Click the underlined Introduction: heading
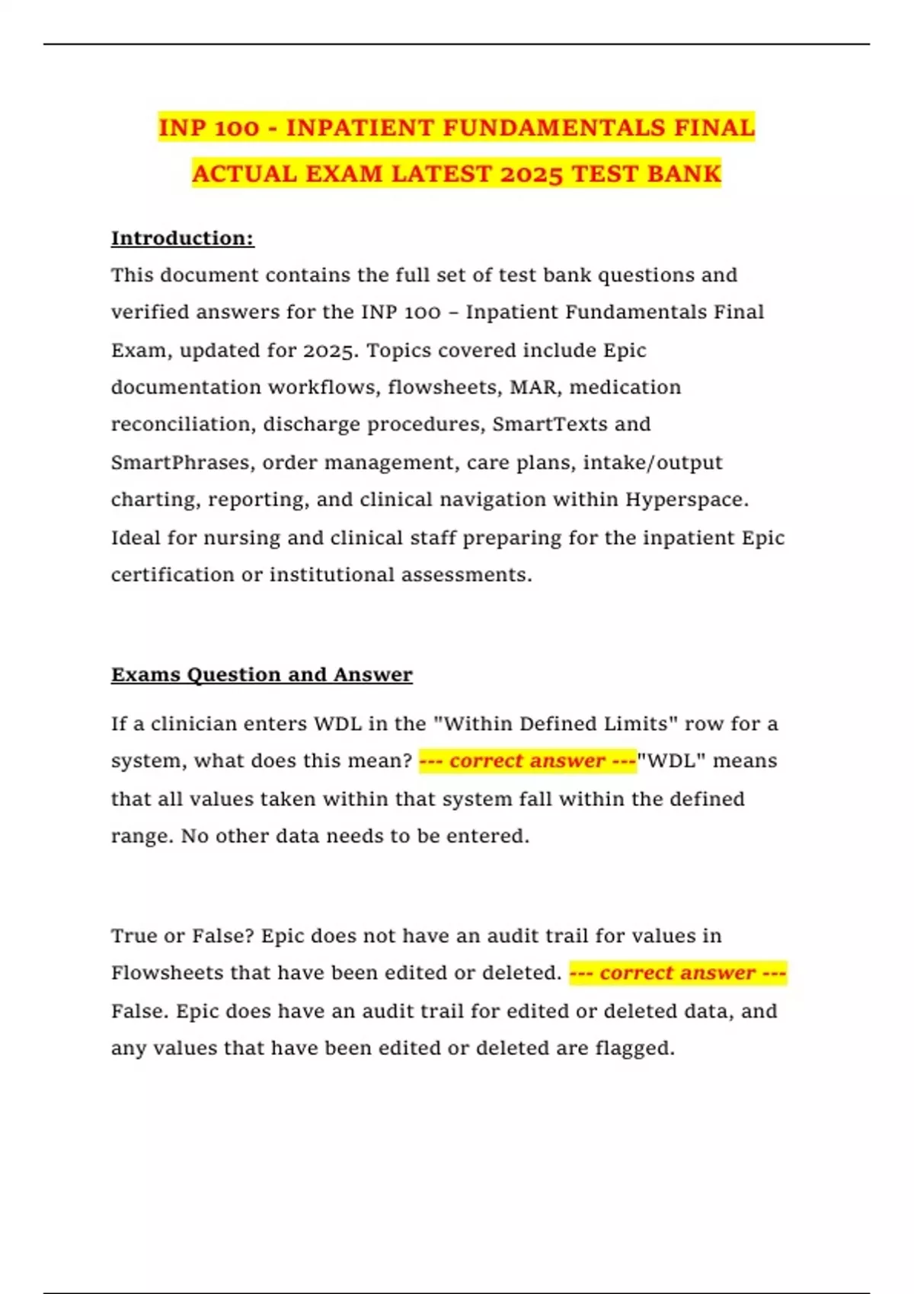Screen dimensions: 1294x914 (x=182, y=238)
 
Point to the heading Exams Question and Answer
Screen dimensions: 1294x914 (x=261, y=674)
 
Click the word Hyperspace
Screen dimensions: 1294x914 (x=687, y=499)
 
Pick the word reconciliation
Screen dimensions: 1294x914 (x=180, y=424)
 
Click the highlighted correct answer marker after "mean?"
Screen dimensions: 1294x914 (x=527, y=761)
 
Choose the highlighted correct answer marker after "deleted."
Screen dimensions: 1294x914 (x=677, y=973)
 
